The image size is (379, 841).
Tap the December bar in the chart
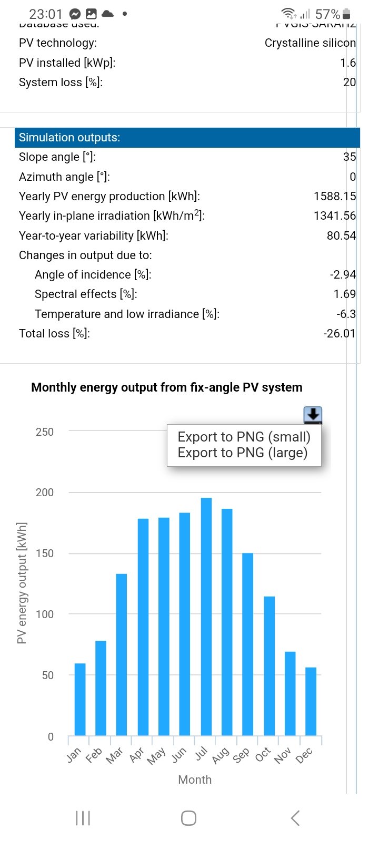(x=311, y=701)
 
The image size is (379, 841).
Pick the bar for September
(x=248, y=644)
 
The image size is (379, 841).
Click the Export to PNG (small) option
(x=244, y=437)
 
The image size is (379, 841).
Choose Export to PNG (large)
(x=242, y=453)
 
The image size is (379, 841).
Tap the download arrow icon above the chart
(x=313, y=415)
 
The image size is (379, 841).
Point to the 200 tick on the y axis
(x=44, y=493)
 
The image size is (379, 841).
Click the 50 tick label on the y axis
(x=47, y=675)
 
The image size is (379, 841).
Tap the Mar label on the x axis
(x=115, y=755)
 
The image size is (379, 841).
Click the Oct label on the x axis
(x=263, y=755)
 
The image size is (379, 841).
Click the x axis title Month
(x=195, y=780)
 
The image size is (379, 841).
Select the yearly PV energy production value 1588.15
(x=335, y=196)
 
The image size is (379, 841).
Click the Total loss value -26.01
(x=340, y=333)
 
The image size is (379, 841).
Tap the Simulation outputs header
(x=69, y=138)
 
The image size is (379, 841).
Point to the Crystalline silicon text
(x=310, y=43)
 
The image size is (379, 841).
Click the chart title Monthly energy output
(x=166, y=387)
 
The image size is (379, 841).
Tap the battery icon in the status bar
(x=346, y=14)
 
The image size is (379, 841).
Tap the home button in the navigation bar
(x=188, y=818)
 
